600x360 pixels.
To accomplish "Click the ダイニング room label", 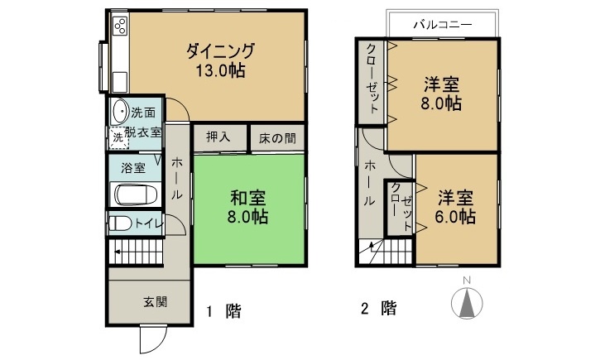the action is [x=220, y=50].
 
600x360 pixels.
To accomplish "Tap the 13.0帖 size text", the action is [x=220, y=70].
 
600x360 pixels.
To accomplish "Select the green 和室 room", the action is [x=249, y=209].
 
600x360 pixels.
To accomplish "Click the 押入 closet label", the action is [x=218, y=137].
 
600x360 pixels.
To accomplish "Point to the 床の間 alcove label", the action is [x=277, y=138].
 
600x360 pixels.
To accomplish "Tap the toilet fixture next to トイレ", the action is [x=120, y=223].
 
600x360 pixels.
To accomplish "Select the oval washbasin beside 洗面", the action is [x=120, y=112].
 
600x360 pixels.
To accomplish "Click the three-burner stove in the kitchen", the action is [x=120, y=26].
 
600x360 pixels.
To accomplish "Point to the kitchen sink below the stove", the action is [x=120, y=81].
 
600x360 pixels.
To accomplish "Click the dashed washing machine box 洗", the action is [x=118, y=137].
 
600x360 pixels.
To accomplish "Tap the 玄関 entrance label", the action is [x=156, y=302].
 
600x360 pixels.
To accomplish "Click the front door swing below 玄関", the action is [x=153, y=338].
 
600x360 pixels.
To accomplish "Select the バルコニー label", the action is [x=443, y=25].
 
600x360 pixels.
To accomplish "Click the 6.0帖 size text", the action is [x=455, y=217].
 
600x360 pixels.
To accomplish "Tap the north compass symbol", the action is [x=467, y=303].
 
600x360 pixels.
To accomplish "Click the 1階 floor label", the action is [x=224, y=311].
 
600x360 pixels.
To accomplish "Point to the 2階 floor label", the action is [x=379, y=309].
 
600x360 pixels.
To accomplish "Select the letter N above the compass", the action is [x=467, y=281].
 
